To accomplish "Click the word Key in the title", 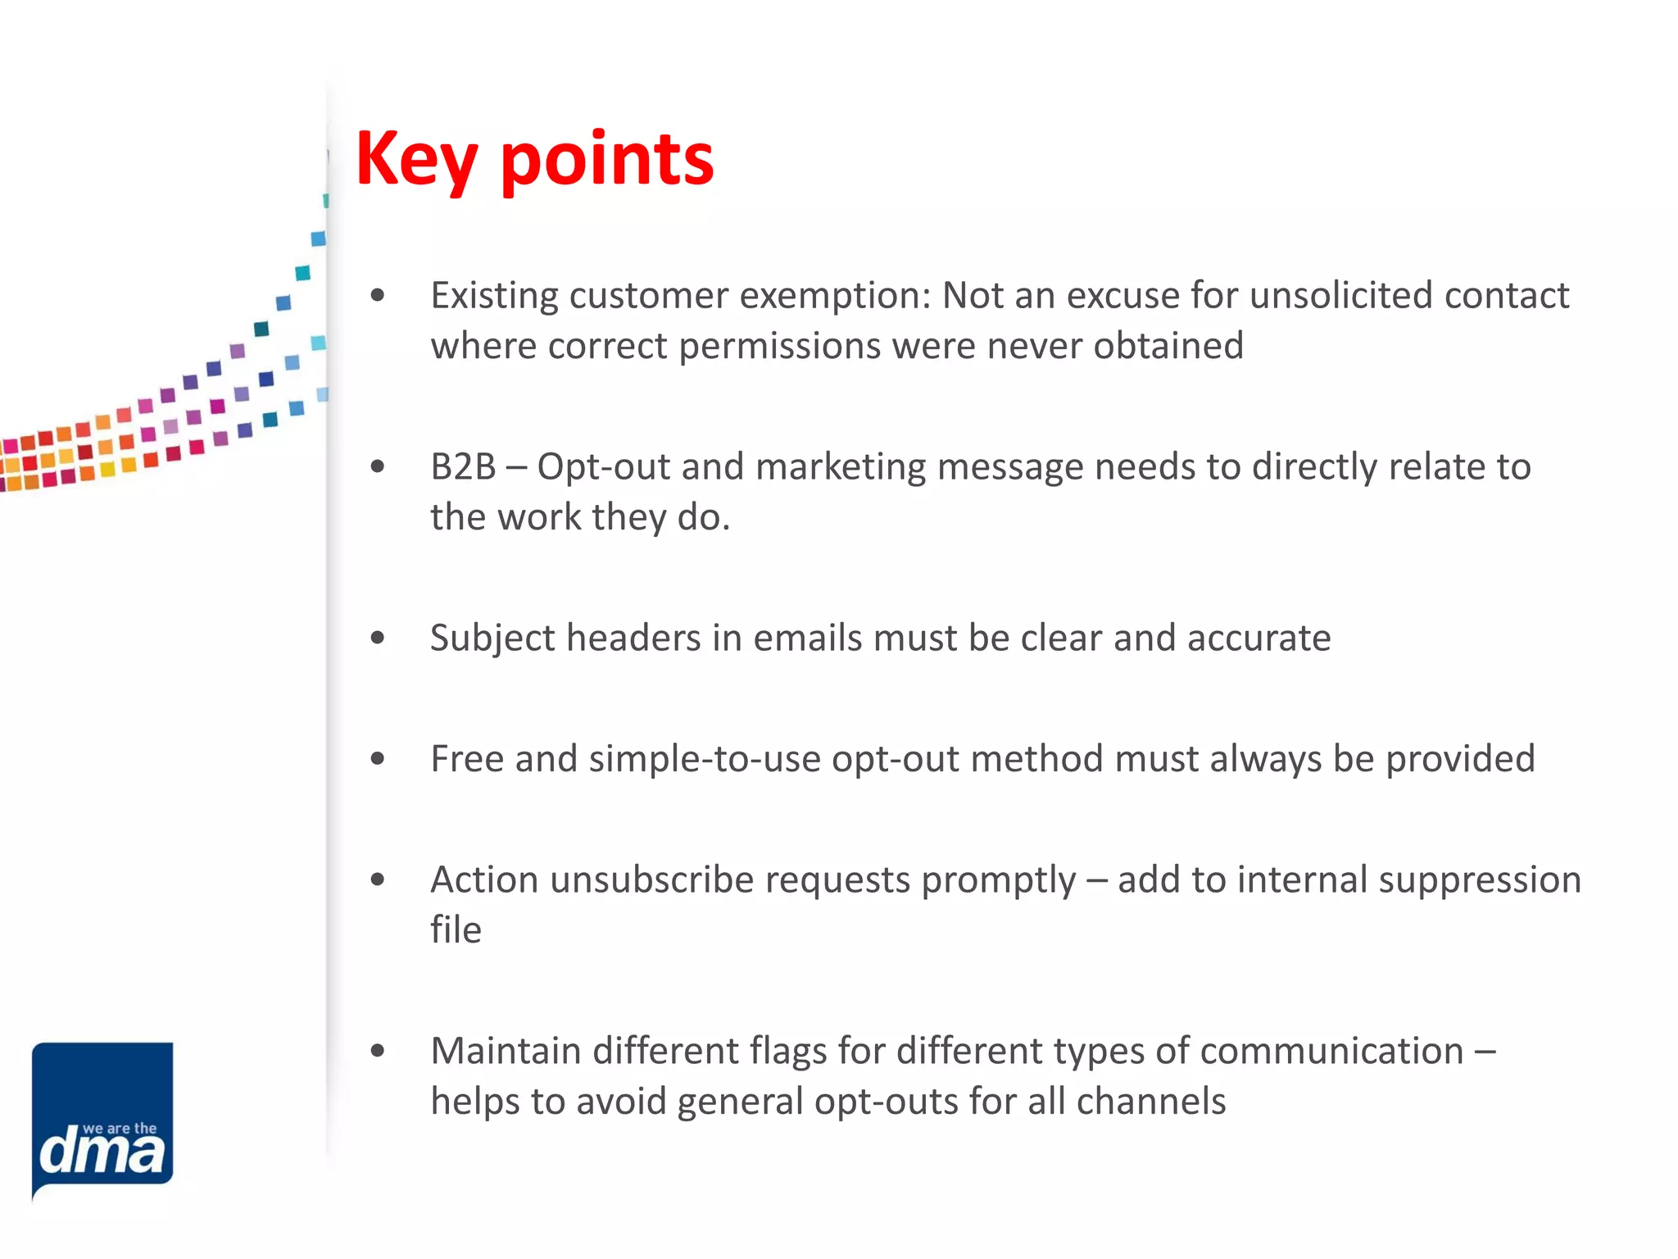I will tap(416, 160).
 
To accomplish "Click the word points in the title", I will tap(607, 160).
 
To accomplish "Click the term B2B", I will tap(463, 466).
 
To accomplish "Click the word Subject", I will tap(492, 638).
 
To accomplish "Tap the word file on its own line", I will tap(456, 930).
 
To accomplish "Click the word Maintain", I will tap(506, 1051).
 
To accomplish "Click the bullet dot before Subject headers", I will tap(377, 638).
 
